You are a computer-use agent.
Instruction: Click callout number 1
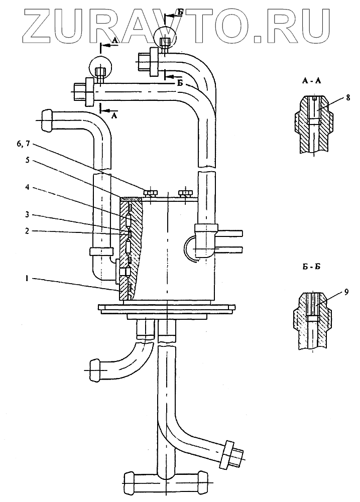(28, 279)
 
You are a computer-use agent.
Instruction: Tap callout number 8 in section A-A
(348, 97)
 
